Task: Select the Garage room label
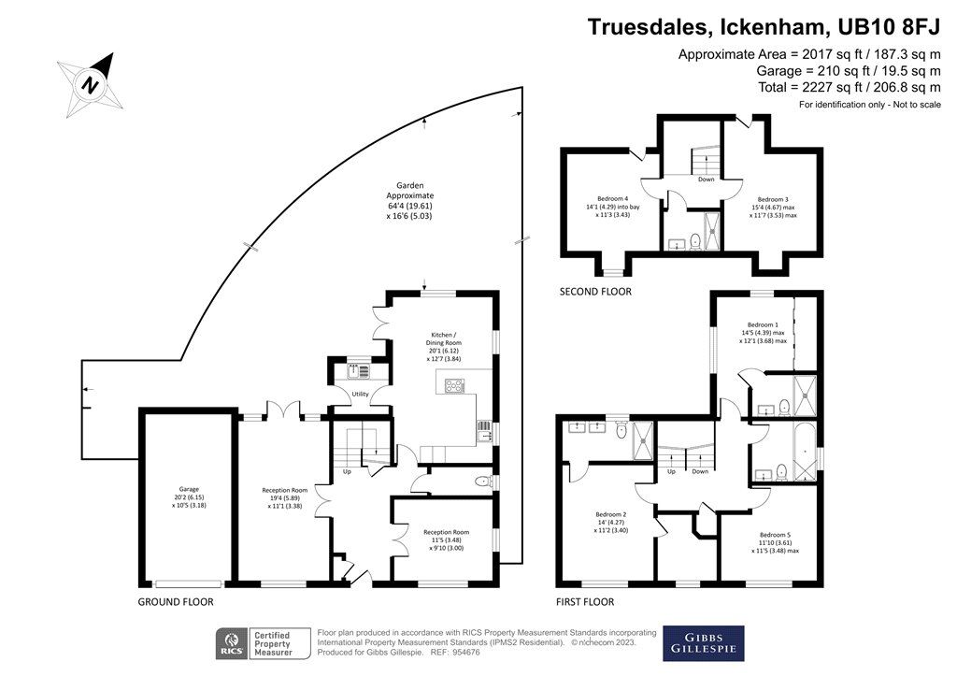(182, 488)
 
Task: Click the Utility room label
(360, 394)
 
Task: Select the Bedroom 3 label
(772, 199)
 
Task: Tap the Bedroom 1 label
(763, 324)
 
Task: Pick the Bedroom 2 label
(610, 513)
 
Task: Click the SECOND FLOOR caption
(594, 292)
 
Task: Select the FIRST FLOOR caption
(586, 602)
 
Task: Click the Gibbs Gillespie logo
(704, 642)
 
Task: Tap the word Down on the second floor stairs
(706, 180)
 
